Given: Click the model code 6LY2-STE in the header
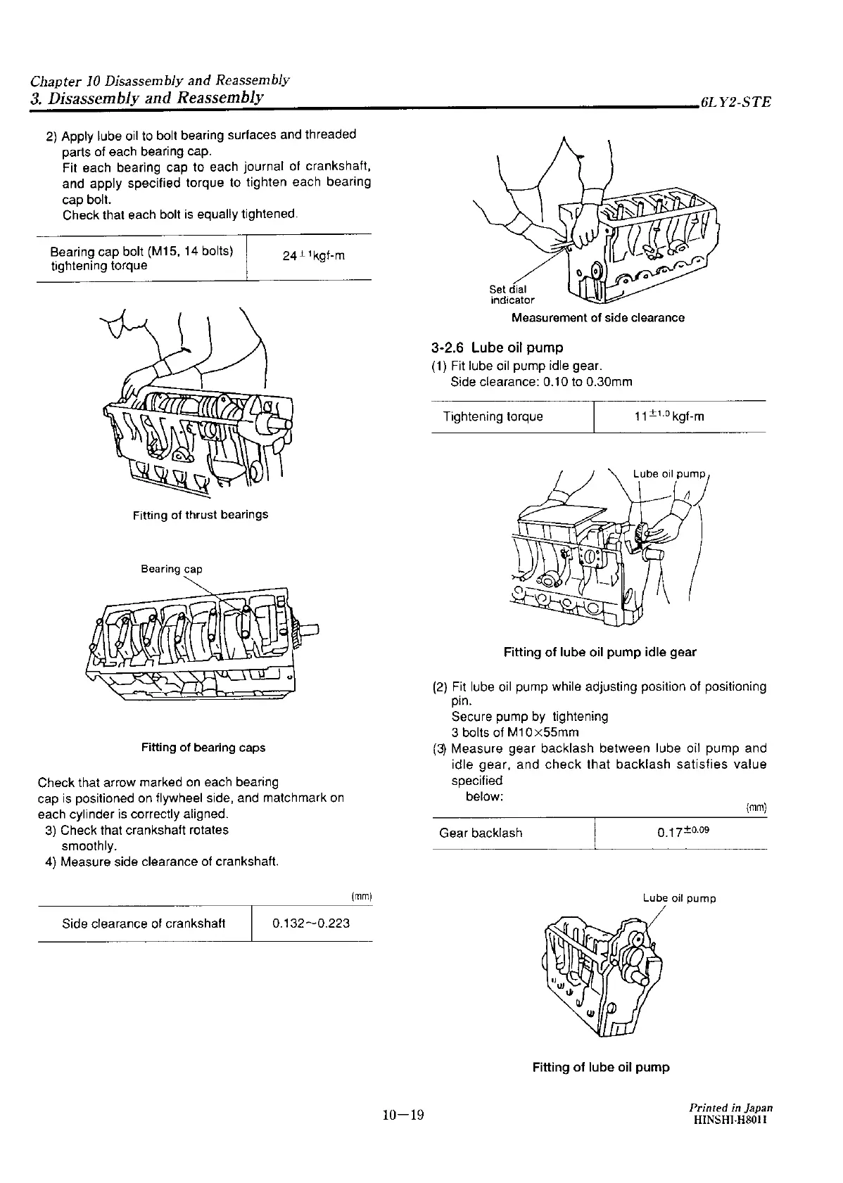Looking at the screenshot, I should coord(735,102).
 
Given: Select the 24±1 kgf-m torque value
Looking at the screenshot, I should coord(313,256).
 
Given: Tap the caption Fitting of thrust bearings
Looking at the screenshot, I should coord(201,515).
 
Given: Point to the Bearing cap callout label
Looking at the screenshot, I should coord(171,569).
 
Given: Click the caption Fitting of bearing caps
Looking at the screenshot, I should coord(203,748).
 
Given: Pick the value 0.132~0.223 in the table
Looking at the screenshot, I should coord(311,923).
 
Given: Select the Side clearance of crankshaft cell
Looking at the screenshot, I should coord(144,923).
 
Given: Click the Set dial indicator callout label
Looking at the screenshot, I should coord(512,295).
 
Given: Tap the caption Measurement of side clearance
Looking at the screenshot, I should coord(597,318).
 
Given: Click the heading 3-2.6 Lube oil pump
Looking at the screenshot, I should coord(497,347).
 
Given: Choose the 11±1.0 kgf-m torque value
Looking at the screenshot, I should coord(668,416).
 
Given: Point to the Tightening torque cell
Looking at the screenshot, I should coord(493,416).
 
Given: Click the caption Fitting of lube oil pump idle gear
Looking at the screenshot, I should coord(600,653).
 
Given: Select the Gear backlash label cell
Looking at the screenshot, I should coord(481,833).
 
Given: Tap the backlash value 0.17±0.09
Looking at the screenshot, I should coord(683,833).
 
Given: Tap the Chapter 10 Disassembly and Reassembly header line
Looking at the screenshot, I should coord(160,80).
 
